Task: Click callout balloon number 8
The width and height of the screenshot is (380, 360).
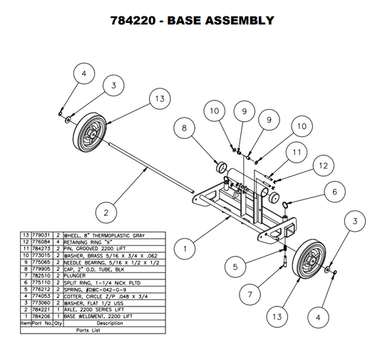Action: (184, 128)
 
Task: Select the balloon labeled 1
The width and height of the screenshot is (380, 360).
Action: (185, 249)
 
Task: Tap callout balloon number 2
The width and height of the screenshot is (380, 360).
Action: (106, 212)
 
